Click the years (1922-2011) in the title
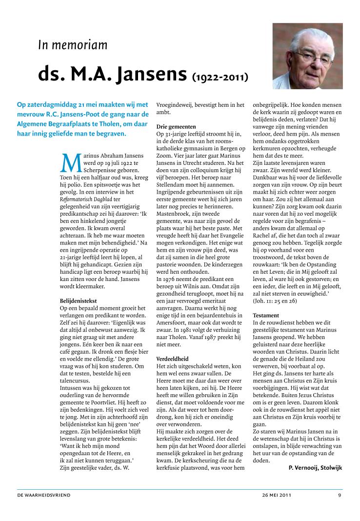coord(220,77)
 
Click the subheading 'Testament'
coord(266,316)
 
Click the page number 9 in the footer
coord(340,495)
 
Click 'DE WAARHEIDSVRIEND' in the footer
coord(44,495)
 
